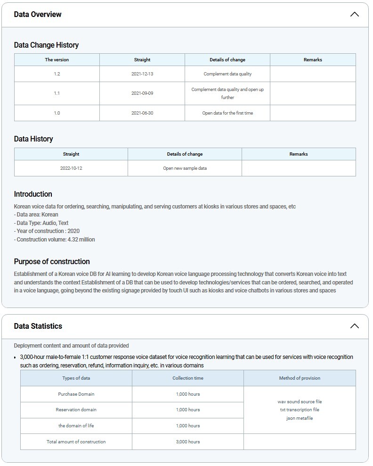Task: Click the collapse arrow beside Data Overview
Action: point(354,14)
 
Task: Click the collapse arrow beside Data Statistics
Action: point(354,326)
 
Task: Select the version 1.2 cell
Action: point(57,74)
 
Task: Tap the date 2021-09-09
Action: point(142,93)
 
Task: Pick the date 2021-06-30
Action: point(142,113)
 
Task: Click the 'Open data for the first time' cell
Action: point(227,113)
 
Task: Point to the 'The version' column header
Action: point(57,60)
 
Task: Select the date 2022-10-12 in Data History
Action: point(71,168)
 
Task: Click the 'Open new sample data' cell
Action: point(185,168)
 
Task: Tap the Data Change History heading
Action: point(46,45)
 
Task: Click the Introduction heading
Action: point(33,194)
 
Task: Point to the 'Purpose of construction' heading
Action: point(52,261)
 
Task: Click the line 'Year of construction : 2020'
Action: point(47,231)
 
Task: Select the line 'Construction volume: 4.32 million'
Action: point(54,240)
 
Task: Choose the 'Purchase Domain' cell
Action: point(76,394)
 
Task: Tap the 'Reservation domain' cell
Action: point(76,410)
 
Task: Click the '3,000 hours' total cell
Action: point(188,442)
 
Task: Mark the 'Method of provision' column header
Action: point(300,378)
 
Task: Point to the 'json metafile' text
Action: point(300,418)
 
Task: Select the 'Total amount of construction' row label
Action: point(76,442)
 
